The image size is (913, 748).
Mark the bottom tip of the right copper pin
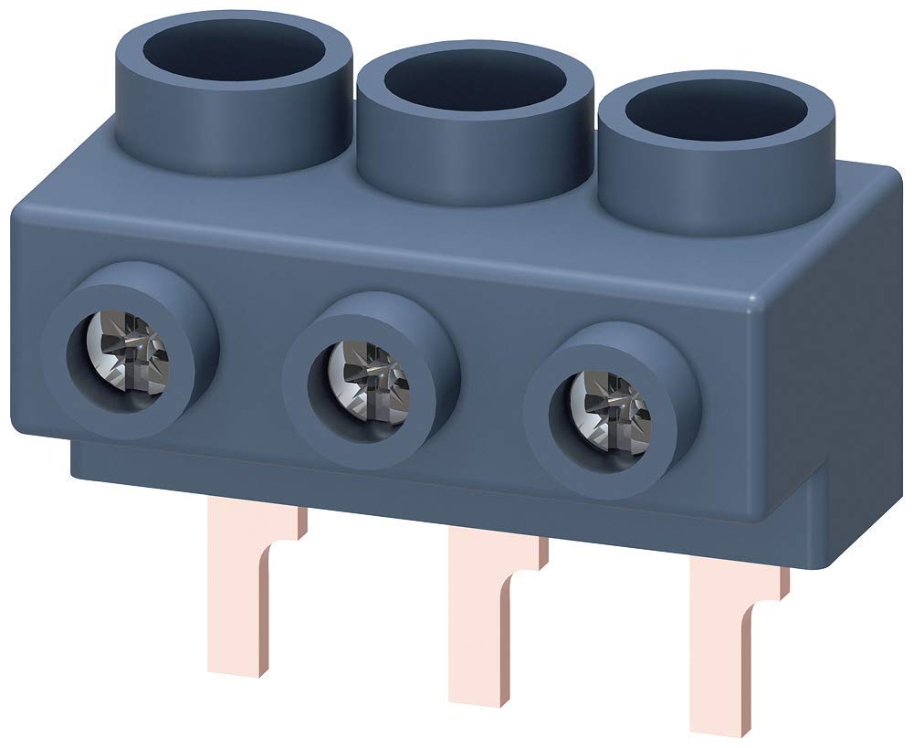tap(721, 726)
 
